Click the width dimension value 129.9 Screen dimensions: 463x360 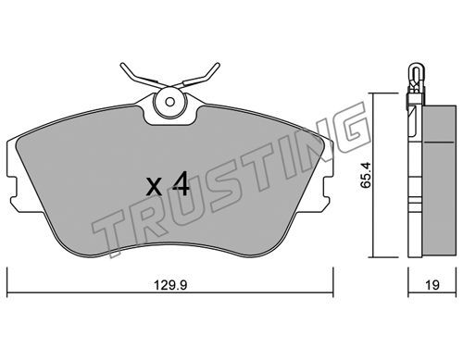pos(170,285)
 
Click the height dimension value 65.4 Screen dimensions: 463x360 pos(366,175)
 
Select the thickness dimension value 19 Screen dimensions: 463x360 pos(432,285)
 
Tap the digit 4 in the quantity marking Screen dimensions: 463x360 pos(181,183)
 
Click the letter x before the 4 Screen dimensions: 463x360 pos(155,187)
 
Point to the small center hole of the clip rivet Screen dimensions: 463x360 pos(169,102)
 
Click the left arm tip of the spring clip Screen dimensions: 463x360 pos(122,66)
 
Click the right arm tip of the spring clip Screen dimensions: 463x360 pos(218,65)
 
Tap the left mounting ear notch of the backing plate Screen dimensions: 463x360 pos(13,188)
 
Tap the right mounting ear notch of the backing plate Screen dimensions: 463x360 pos(329,188)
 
